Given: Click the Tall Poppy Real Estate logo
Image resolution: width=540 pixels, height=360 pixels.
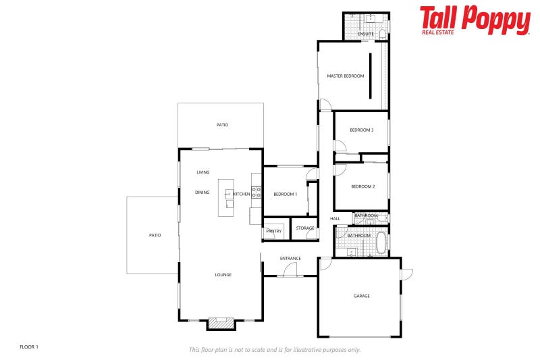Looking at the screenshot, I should click(x=475, y=20).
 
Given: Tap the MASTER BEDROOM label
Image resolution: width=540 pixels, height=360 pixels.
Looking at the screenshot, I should click(x=345, y=76).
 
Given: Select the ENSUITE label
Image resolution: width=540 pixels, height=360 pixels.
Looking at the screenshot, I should click(x=366, y=34).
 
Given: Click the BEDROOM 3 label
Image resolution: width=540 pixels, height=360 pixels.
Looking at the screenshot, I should click(x=361, y=130).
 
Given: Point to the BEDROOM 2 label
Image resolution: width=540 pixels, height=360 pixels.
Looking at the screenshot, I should click(x=362, y=186).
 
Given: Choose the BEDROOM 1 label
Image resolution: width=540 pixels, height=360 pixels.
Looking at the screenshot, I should click(x=285, y=195).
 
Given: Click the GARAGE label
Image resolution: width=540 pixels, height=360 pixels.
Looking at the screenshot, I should click(x=362, y=296).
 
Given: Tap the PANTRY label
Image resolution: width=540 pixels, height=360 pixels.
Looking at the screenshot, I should click(x=273, y=231).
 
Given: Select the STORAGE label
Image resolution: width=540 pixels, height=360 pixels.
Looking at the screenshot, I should click(x=305, y=228).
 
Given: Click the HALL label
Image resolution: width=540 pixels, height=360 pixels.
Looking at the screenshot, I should click(x=335, y=219).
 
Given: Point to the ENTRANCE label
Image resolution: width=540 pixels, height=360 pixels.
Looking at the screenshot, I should click(x=290, y=259).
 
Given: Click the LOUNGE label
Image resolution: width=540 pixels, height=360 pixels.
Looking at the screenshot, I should click(x=223, y=275).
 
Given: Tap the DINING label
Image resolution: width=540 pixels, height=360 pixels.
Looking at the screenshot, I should click(x=202, y=192).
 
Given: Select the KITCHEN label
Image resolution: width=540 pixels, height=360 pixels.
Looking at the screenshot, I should click(x=242, y=195).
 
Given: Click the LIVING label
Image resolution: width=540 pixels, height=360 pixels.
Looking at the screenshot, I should click(x=203, y=172).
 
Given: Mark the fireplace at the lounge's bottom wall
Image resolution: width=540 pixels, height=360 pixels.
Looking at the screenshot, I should click(x=221, y=324).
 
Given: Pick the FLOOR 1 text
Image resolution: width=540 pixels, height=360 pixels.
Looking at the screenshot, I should click(x=29, y=347).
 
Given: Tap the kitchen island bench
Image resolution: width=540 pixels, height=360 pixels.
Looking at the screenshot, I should click(x=225, y=198).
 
